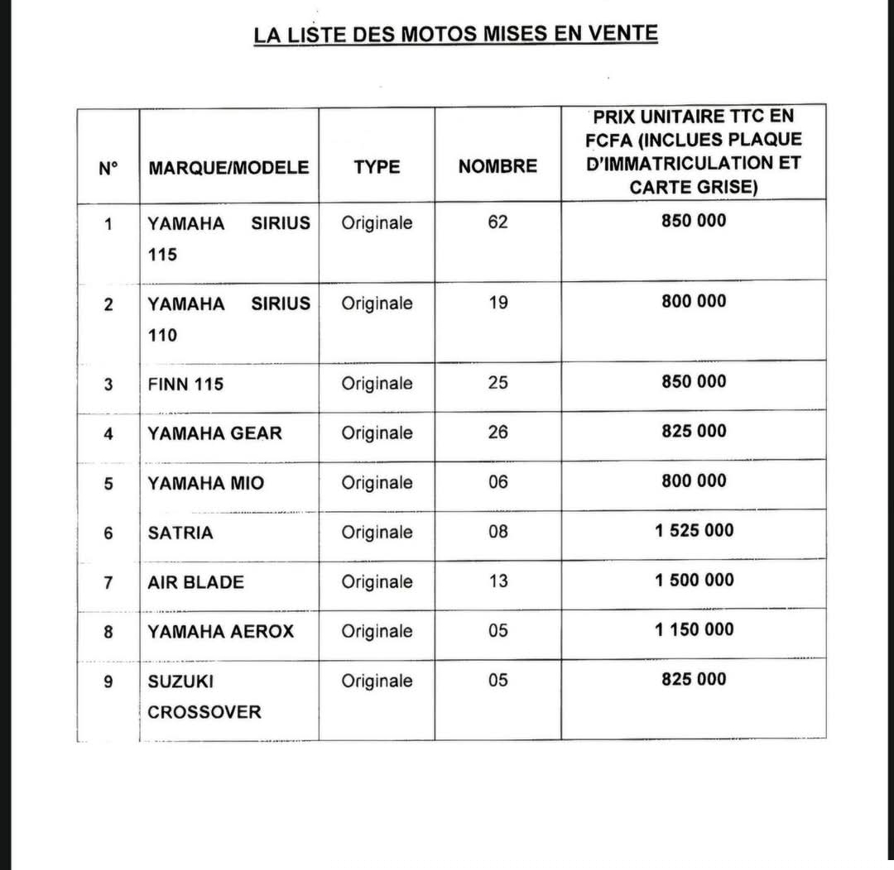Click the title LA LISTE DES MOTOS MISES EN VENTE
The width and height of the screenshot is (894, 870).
(x=455, y=34)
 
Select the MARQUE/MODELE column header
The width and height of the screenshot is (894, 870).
(x=228, y=167)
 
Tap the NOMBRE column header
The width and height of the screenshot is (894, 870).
(x=497, y=166)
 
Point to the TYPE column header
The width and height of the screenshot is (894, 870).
(x=377, y=166)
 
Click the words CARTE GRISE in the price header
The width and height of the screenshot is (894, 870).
(x=693, y=187)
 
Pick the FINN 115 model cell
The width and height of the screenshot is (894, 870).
(x=185, y=384)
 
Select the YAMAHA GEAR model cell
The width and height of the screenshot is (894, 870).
(x=214, y=433)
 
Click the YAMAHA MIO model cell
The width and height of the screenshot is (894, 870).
(x=205, y=482)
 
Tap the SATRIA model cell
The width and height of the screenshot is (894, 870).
(x=180, y=533)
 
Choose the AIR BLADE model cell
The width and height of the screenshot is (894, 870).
(x=195, y=581)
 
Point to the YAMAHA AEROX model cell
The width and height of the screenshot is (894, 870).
(x=220, y=631)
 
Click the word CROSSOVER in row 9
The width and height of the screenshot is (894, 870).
(x=204, y=711)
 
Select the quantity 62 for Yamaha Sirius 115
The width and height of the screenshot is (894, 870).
(x=497, y=222)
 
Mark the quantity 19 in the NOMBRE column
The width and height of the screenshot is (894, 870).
(x=497, y=302)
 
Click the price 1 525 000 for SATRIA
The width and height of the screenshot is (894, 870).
(x=694, y=530)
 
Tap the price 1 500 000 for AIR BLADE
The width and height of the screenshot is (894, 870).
(x=694, y=580)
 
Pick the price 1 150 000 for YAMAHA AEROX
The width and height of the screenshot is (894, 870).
(x=694, y=629)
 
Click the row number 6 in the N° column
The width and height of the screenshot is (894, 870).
(x=108, y=533)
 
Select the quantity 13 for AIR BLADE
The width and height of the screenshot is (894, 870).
(x=497, y=581)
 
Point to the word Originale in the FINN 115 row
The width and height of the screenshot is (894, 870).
(x=377, y=383)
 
